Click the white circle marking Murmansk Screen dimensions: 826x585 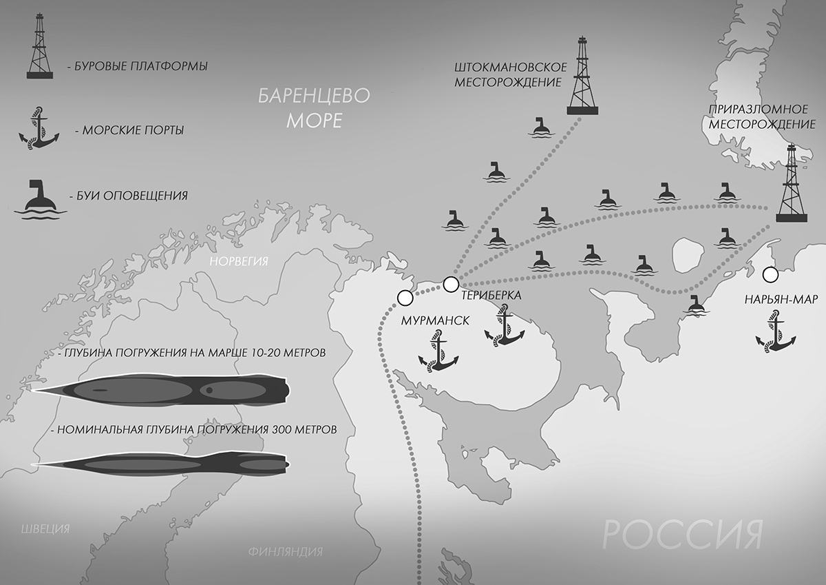[x=405, y=298]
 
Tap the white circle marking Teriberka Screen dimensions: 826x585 [x=451, y=283]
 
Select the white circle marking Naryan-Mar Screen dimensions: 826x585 [x=770, y=275]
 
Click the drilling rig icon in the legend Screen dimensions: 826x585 [x=40, y=47]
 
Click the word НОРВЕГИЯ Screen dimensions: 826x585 [x=239, y=261]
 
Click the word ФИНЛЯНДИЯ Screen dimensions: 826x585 [x=284, y=552]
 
